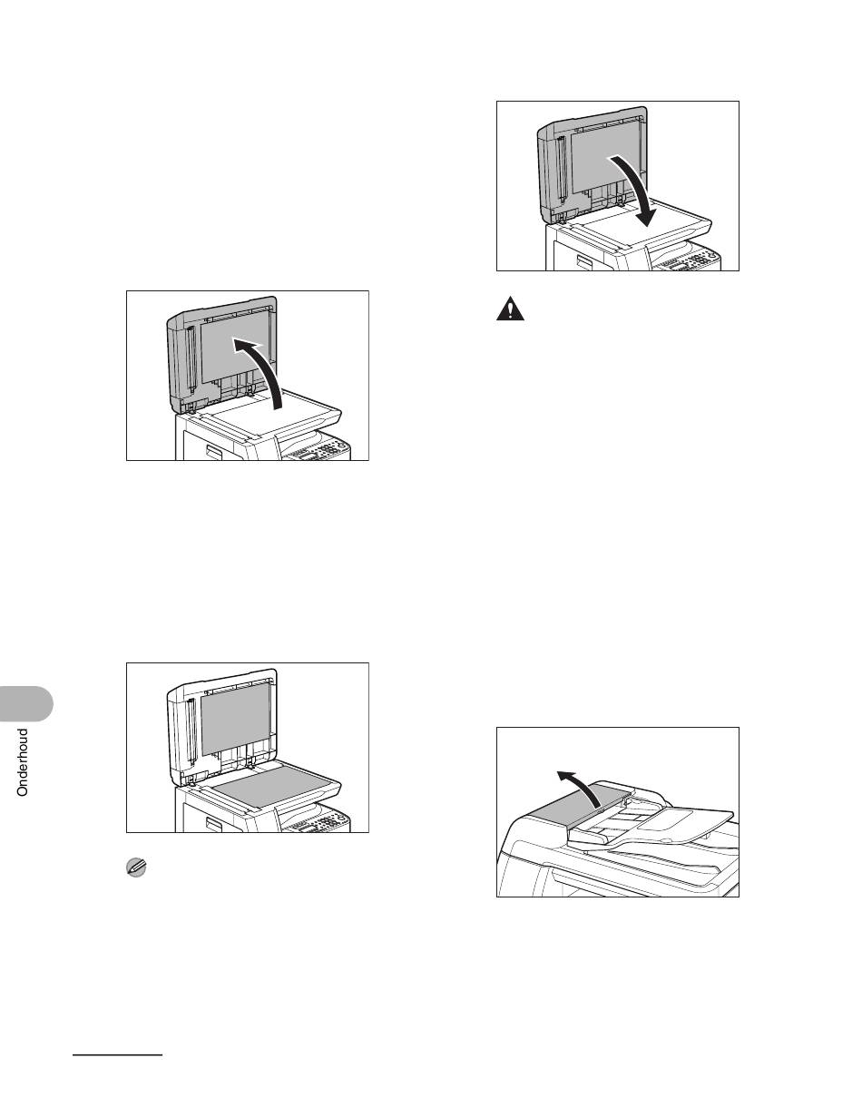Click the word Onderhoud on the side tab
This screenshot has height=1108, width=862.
(23, 763)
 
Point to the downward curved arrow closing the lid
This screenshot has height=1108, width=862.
(636, 188)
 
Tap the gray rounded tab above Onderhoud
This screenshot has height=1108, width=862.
(25, 704)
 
